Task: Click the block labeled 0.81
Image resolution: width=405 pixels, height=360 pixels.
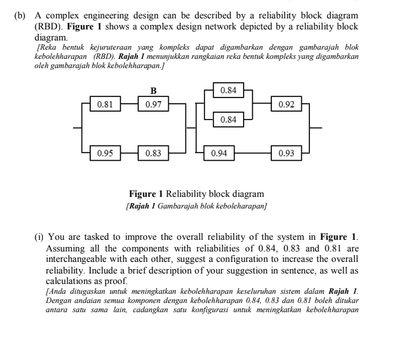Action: click(x=105, y=104)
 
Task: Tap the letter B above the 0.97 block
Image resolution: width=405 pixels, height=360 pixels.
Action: click(x=153, y=92)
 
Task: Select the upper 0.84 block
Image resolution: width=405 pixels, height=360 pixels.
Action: click(x=228, y=90)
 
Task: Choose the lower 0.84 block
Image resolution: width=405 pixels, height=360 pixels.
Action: click(x=228, y=119)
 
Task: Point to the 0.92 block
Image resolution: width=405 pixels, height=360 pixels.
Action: click(x=286, y=104)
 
